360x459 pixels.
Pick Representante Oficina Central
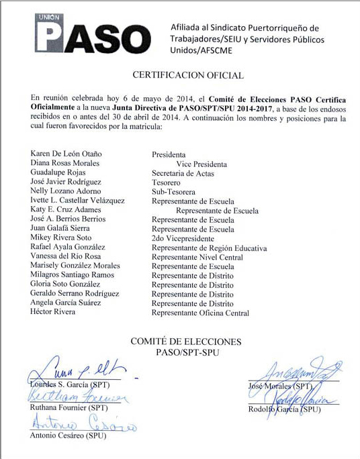click(x=200, y=313)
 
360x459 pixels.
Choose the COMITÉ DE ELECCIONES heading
click(x=185, y=342)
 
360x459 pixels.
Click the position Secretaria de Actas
click(x=181, y=173)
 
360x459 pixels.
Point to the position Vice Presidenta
click(x=201, y=164)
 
